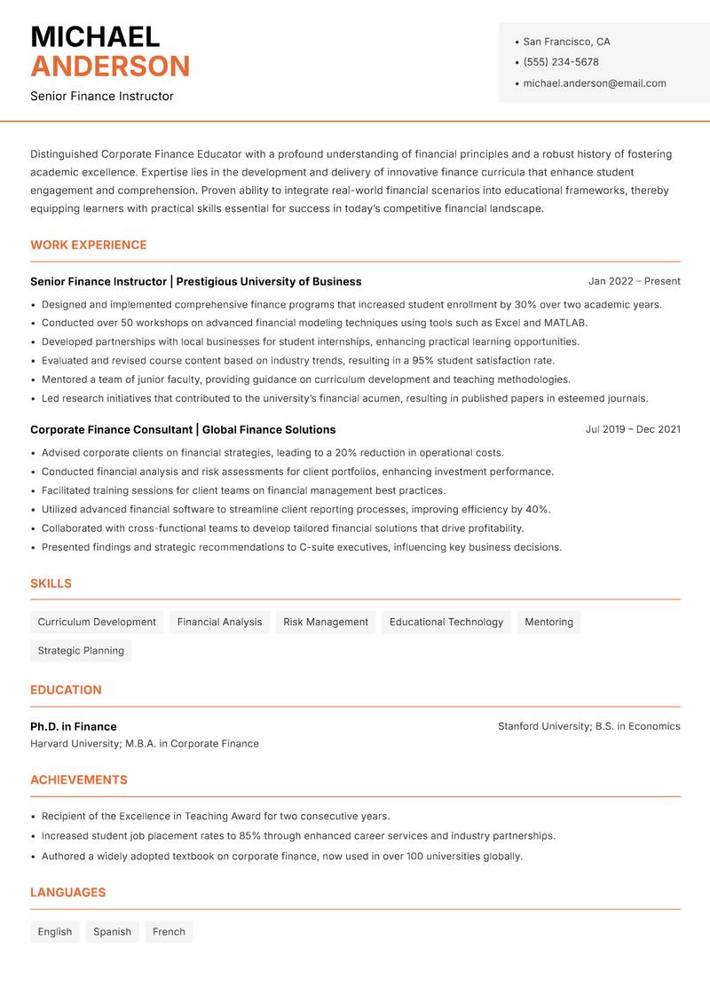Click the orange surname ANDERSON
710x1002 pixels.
point(110,67)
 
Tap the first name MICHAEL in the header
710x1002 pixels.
point(95,36)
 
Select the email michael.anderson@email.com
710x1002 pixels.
point(594,83)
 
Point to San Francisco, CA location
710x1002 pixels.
point(566,42)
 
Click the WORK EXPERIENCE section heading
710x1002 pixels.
point(89,245)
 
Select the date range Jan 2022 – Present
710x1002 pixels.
point(634,281)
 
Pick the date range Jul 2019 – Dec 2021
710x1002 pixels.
point(633,429)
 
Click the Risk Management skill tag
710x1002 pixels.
point(326,622)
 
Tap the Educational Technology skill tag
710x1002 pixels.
point(446,622)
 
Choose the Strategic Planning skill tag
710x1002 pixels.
point(81,651)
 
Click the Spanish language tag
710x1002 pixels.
point(112,932)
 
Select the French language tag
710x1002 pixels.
point(169,932)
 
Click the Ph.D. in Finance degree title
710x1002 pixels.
point(74,726)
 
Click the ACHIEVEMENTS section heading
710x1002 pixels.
point(79,780)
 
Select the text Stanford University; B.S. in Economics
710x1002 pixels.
point(588,726)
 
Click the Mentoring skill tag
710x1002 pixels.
point(548,622)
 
